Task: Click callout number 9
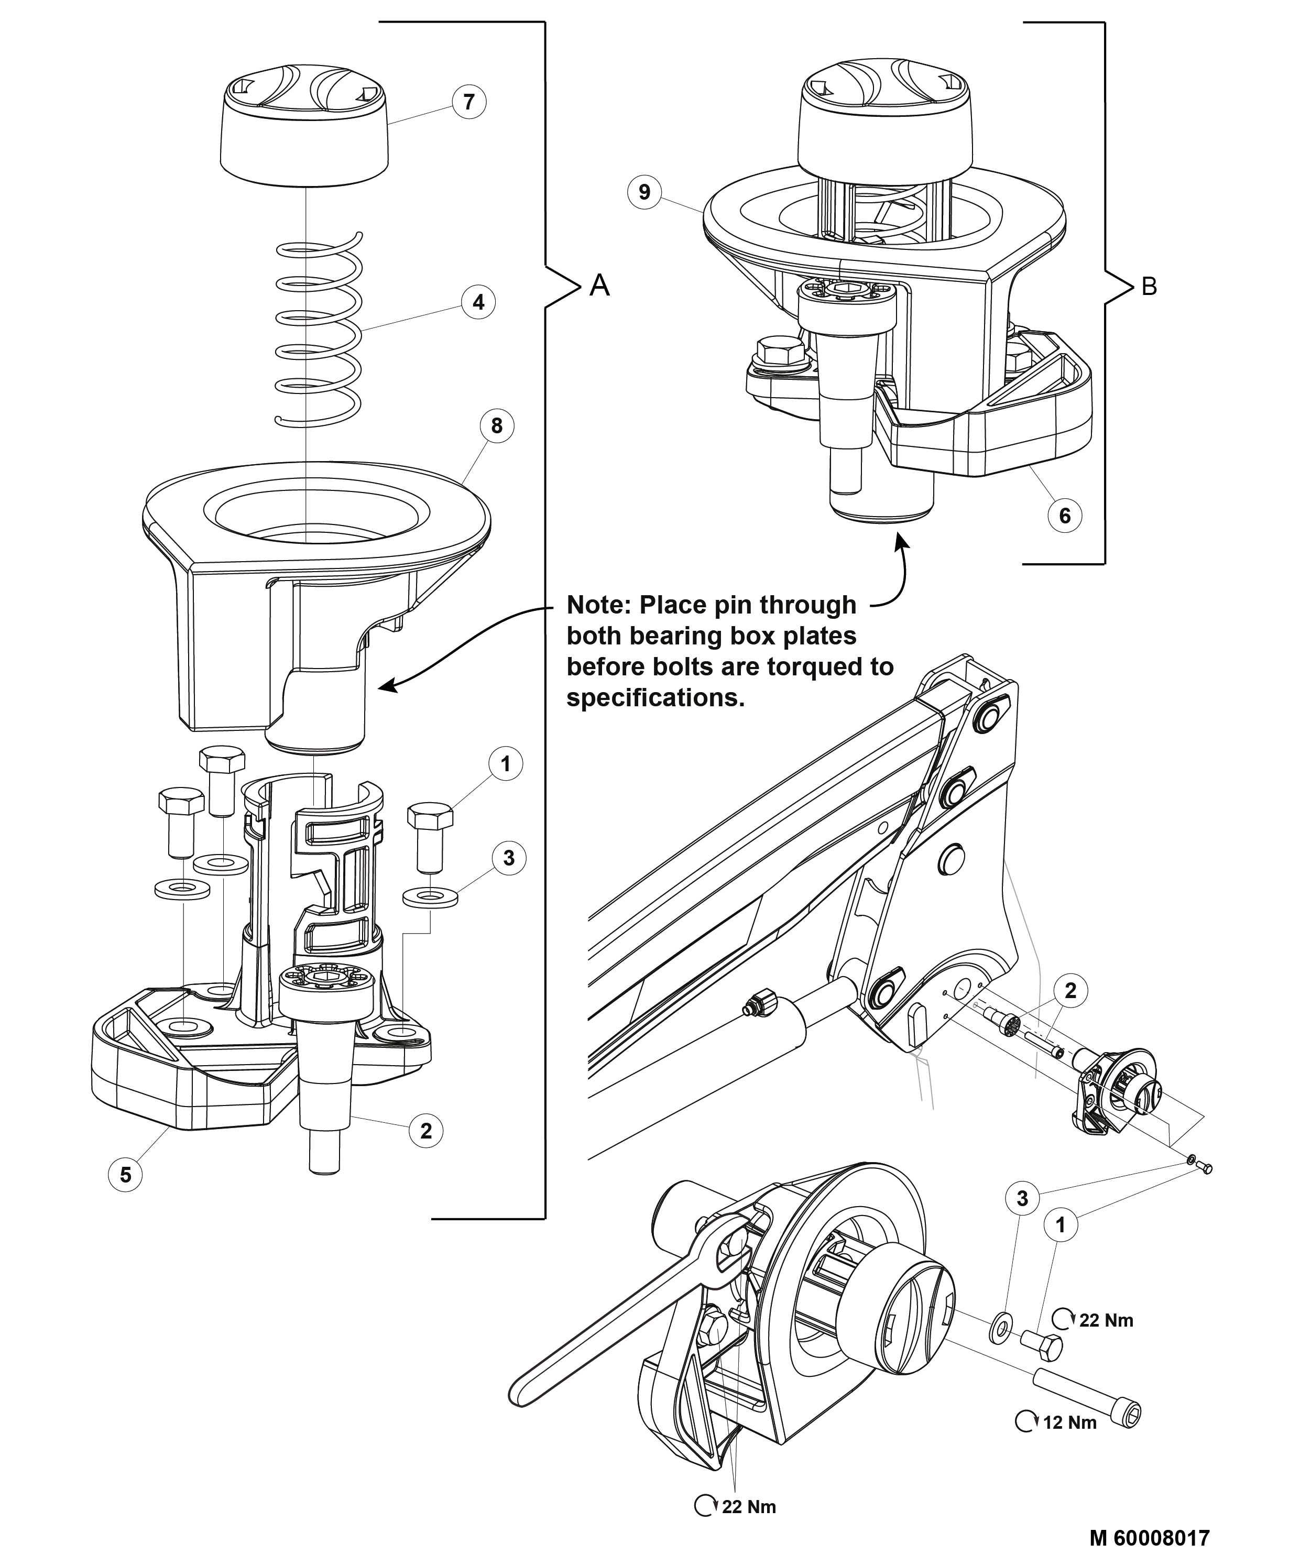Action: pos(644,192)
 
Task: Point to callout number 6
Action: pos(1065,515)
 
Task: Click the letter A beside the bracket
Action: pos(599,285)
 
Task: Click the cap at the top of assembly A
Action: pos(305,129)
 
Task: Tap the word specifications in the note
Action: pos(655,698)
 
